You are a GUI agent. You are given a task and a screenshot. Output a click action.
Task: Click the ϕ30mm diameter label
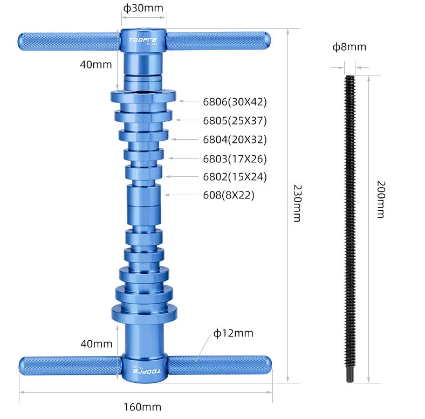143,8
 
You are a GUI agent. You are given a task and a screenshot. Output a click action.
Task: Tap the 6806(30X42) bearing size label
235,101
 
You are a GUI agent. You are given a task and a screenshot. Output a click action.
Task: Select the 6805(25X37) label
235,120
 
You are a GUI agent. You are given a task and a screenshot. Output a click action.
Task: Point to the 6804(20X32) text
235,140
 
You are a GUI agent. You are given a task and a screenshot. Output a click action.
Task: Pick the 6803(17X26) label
235,159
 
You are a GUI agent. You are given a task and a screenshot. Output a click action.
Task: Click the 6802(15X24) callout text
235,176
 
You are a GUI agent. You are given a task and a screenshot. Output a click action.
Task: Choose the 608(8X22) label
228,195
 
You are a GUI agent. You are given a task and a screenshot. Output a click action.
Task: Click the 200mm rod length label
380,200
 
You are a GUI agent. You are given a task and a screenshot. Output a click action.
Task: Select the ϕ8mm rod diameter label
349,47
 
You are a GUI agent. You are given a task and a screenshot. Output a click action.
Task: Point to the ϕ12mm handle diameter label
233,333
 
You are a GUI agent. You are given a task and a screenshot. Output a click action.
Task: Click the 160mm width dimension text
143,407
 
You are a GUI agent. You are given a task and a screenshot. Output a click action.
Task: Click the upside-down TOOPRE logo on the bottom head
144,371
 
